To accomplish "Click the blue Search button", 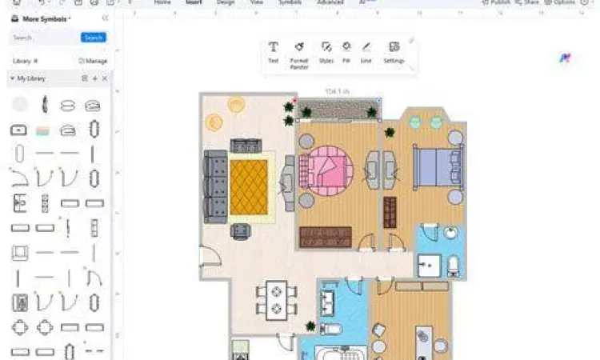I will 93,38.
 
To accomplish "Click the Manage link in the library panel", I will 93,61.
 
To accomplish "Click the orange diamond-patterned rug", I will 248,187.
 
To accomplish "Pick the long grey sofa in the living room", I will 214,186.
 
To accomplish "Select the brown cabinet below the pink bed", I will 325,237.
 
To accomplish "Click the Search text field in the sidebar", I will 45,38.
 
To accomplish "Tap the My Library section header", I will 33,78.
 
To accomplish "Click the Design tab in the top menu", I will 226,3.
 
